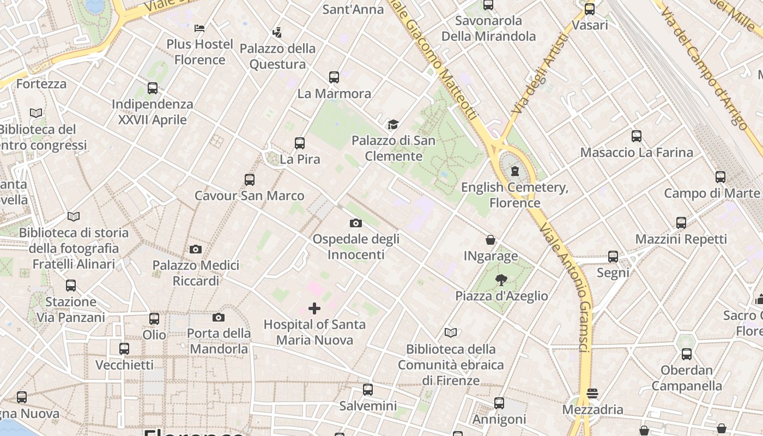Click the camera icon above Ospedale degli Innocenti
tap(356, 223)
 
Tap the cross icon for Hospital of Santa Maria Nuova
tap(314, 309)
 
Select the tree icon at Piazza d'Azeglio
tap(501, 280)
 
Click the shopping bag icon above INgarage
tap(491, 240)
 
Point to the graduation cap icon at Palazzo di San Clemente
tap(393, 125)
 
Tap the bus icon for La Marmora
tap(334, 77)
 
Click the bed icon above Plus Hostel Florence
tap(199, 28)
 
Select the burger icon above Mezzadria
tap(592, 393)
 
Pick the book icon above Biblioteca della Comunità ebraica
tap(451, 333)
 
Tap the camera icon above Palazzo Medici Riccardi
tap(196, 250)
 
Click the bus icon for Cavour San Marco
tap(250, 180)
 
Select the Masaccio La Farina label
tap(637, 153)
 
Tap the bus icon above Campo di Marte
tap(720, 177)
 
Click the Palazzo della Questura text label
tap(278, 57)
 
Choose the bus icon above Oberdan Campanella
tap(687, 354)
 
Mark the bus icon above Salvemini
tap(368, 390)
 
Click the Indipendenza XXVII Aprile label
tap(153, 112)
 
